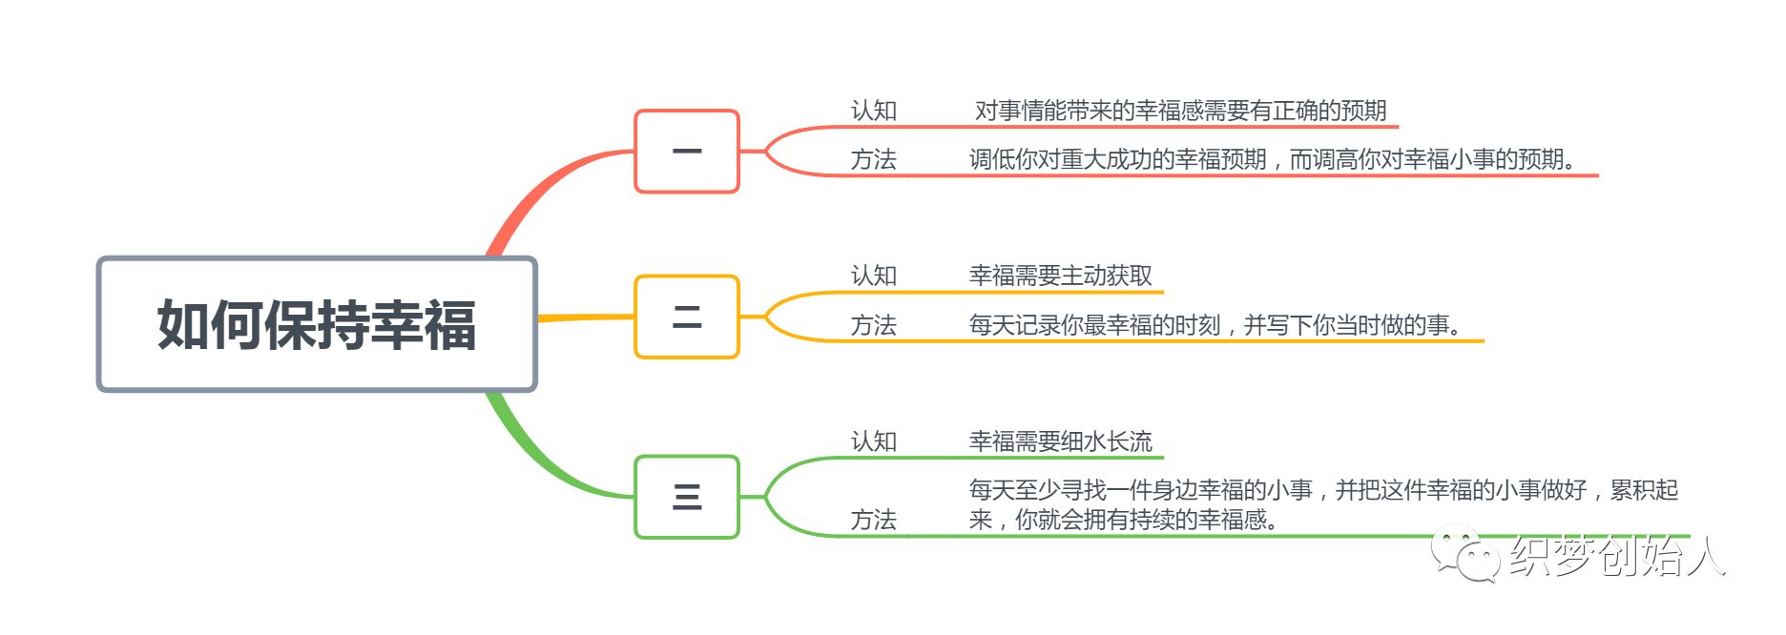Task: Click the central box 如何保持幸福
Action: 317,324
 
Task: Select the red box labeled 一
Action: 687,152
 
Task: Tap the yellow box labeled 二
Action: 687,317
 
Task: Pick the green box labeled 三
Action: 687,497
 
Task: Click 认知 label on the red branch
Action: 874,111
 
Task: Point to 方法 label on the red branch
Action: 874,159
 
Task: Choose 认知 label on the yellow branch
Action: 874,276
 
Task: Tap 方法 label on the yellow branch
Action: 874,325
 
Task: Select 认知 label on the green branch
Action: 874,441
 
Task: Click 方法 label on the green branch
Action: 874,520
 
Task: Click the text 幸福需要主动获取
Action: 1061,276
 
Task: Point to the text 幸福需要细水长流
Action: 1061,441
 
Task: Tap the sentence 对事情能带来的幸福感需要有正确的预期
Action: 1181,111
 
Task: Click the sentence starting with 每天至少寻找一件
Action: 1323,504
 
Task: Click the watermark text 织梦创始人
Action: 1617,556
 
